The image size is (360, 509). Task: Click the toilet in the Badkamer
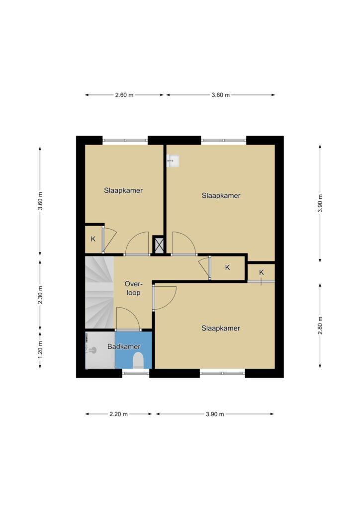click(139, 361)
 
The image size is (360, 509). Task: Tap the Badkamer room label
click(124, 346)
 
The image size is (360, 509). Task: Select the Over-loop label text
click(133, 288)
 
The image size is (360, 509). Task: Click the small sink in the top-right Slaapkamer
click(173, 161)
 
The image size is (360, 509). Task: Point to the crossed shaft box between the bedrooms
click(159, 246)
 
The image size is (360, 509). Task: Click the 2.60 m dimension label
click(124, 95)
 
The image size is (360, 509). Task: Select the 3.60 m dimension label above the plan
click(221, 95)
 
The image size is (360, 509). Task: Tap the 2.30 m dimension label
click(40, 295)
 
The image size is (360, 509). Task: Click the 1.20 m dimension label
click(40, 350)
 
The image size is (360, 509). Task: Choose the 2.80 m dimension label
click(320, 326)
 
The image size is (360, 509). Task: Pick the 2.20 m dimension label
click(118, 414)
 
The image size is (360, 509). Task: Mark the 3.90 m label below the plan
click(215, 414)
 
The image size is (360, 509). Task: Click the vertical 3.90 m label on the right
click(320, 203)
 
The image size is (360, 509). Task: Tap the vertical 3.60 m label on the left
click(40, 201)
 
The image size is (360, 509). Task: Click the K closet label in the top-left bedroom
click(93, 239)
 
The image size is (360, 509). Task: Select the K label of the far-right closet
click(262, 272)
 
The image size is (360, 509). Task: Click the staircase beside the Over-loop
click(99, 292)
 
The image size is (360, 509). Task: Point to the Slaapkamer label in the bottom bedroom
click(221, 328)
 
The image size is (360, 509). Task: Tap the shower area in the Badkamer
click(100, 350)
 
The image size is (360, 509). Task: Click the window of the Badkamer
click(136, 373)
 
